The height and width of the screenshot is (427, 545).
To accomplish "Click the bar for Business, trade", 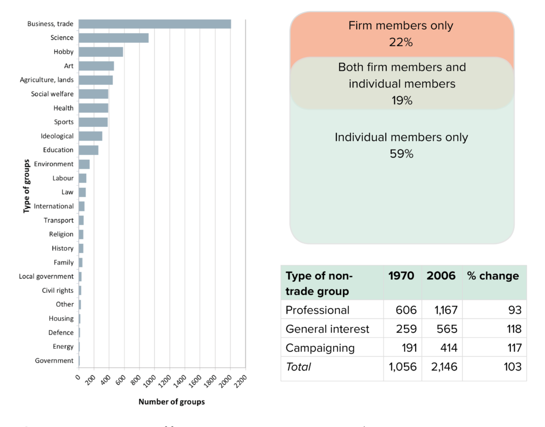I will tap(154, 24).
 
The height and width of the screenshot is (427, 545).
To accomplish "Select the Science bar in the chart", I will tap(113, 38).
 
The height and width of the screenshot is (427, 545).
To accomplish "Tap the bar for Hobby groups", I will tap(101, 52).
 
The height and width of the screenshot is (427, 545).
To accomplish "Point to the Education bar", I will tap(88, 150).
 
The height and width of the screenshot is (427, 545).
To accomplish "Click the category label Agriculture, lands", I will tap(47, 80).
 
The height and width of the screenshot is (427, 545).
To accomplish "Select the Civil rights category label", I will tap(57, 290).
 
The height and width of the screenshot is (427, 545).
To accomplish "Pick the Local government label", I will tap(46, 276).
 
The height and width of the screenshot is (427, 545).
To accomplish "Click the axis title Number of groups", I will tap(171, 402).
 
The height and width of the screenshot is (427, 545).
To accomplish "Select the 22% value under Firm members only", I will tap(401, 43).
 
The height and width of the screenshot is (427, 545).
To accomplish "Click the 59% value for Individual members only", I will tap(401, 154).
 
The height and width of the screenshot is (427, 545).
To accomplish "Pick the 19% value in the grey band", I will tap(401, 101).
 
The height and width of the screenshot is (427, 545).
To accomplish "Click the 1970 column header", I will tap(402, 276).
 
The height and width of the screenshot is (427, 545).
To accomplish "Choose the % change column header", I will tap(492, 276).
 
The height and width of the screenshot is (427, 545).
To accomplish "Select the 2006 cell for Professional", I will tap(441, 310).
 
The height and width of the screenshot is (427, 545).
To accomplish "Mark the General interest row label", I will tap(327, 329).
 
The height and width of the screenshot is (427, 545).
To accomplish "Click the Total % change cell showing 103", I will tap(511, 366).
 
